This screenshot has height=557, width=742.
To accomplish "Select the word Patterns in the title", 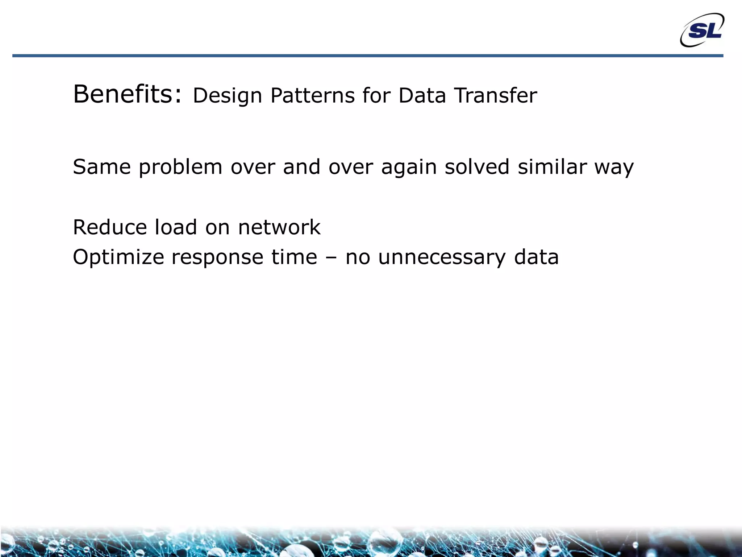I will pos(312,96).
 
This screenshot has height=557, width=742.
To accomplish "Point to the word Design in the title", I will pos(227,96).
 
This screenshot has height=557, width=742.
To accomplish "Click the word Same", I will pos(102,167).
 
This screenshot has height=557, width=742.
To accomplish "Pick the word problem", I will pos(180,168).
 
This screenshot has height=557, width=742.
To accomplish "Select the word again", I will pos(409,168).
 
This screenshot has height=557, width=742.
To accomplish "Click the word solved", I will pos(477,167).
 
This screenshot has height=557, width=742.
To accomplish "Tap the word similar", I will pos(552,167).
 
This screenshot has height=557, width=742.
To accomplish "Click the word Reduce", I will pos(109,228).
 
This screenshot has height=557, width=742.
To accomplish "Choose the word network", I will pos(279,228).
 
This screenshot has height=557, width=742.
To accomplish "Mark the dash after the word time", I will pos(331,258).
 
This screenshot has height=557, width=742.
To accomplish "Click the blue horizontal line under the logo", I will pos(362,56).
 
